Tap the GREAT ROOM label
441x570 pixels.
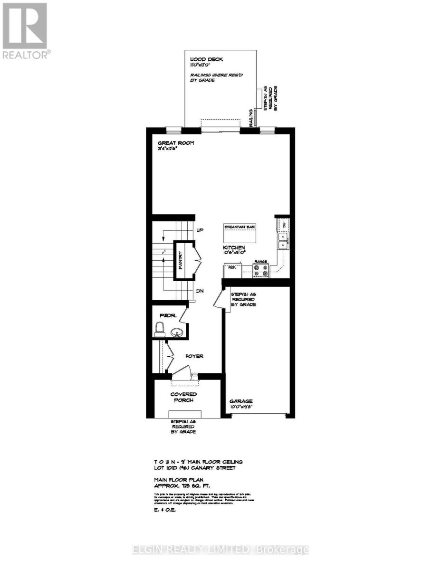tap(176, 143)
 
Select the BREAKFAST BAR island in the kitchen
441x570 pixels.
tap(240, 232)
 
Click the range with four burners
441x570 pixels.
tap(261, 270)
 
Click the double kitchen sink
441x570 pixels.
tap(282, 240)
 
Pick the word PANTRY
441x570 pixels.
tap(181, 260)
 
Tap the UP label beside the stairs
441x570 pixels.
tap(200, 230)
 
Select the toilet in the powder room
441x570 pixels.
tap(160, 328)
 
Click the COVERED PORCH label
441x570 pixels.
tap(183, 397)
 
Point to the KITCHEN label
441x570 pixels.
tap(234, 247)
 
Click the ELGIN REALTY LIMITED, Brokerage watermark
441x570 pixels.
tap(220, 550)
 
